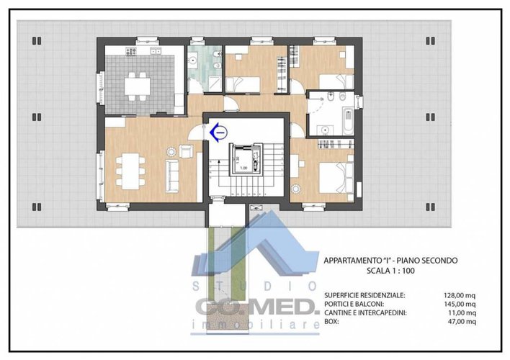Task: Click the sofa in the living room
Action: (x=173, y=171)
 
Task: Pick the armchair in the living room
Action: (x=186, y=150)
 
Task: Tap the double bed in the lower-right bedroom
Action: (x=332, y=176)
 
